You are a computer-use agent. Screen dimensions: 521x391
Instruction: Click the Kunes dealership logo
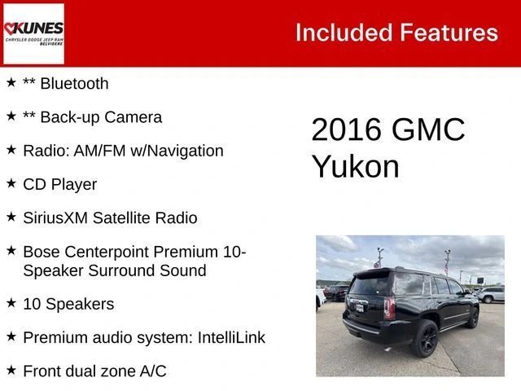(33, 33)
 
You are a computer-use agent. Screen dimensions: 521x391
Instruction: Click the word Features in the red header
(449, 33)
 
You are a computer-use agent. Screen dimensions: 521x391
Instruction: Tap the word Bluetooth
(74, 83)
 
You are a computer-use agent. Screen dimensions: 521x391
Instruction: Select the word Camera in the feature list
(134, 117)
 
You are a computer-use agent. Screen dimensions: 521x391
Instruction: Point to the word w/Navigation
(177, 151)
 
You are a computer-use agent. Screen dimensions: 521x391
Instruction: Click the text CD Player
(60, 185)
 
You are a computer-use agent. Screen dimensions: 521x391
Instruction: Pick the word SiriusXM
(55, 218)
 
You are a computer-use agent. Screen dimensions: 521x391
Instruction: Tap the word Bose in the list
(42, 252)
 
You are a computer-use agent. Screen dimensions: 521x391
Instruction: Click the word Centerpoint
(107, 252)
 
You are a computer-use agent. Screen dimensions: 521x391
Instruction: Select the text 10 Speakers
(68, 304)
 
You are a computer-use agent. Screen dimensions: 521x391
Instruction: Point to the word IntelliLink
(231, 338)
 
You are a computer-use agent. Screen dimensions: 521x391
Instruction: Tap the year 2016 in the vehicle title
(346, 130)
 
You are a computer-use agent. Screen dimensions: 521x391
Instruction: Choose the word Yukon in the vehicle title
(355, 167)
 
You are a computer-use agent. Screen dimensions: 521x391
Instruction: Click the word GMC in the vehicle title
(428, 130)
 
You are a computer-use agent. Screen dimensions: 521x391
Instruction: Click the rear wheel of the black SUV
(424, 339)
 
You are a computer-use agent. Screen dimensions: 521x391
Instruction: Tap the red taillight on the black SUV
(389, 308)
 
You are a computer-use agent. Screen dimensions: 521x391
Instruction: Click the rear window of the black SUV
(370, 285)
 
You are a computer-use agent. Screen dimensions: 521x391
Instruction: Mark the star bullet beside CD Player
(11, 182)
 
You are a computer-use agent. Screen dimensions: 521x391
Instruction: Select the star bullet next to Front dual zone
(11, 370)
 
